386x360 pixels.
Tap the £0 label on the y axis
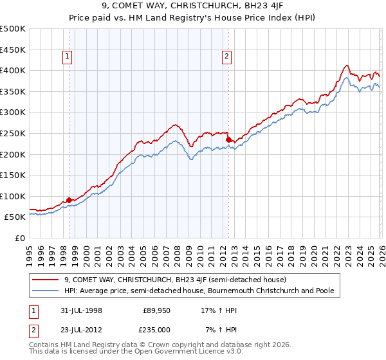[x=20, y=238]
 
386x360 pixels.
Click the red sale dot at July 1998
[x=69, y=200]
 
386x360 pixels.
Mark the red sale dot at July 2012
[x=228, y=139]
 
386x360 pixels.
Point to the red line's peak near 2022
[x=346, y=65]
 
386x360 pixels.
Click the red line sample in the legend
[x=46, y=280]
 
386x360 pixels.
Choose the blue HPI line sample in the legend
[x=46, y=291]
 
